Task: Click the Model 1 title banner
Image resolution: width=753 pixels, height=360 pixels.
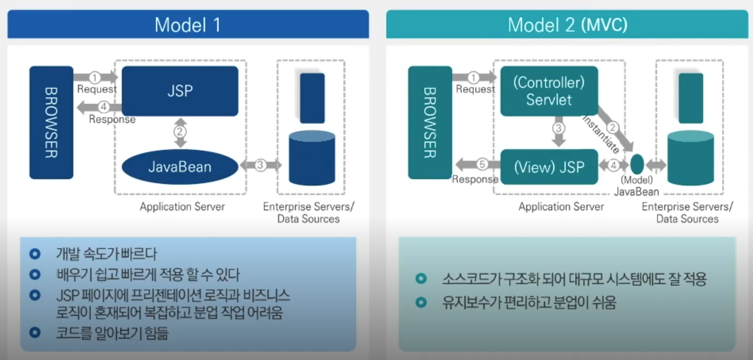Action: click(x=187, y=24)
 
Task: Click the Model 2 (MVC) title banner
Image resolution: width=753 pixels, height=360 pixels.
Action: click(x=567, y=25)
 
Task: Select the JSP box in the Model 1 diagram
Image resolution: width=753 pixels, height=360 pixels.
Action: click(x=180, y=91)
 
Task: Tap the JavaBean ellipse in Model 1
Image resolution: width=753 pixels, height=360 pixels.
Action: click(x=180, y=167)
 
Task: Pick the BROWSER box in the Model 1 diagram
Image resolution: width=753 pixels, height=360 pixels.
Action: click(x=51, y=122)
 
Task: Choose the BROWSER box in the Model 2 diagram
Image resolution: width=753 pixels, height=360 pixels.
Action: click(x=429, y=122)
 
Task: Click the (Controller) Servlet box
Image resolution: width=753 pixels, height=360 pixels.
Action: click(x=549, y=91)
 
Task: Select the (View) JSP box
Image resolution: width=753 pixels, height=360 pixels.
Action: click(x=549, y=167)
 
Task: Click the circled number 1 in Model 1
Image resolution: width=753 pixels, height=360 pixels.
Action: click(x=95, y=77)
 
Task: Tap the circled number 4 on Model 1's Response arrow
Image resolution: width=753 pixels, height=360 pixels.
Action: click(x=104, y=107)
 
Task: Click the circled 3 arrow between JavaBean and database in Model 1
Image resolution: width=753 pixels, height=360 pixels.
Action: click(x=260, y=165)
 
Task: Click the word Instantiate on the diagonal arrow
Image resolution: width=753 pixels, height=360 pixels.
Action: click(x=601, y=136)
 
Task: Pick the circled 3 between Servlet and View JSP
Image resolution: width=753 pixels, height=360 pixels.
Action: click(x=558, y=128)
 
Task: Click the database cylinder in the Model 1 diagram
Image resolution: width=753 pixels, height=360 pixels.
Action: click(x=312, y=158)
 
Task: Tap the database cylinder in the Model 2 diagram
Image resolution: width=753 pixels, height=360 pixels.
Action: click(x=691, y=158)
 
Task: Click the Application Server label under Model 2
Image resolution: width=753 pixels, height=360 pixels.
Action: click(x=561, y=206)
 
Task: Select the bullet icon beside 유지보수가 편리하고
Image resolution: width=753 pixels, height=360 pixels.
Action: click(x=421, y=303)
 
